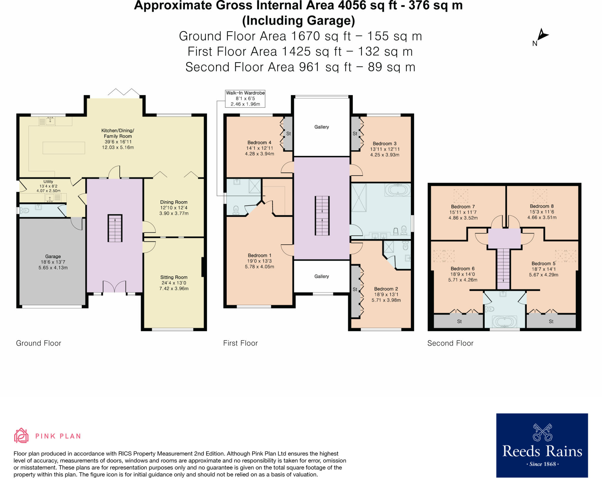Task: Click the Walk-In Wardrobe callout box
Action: click(245, 98)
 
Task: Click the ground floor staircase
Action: click(115, 228)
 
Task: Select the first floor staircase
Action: click(322, 215)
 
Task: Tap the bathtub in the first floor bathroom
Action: click(398, 190)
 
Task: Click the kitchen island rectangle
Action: click(64, 148)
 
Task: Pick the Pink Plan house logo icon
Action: click(21, 436)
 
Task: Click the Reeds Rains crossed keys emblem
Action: click(542, 432)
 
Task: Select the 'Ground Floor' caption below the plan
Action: click(39, 343)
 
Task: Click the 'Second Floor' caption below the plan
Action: click(450, 343)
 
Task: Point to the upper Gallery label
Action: click(322, 127)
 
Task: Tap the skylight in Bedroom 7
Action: click(461, 196)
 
